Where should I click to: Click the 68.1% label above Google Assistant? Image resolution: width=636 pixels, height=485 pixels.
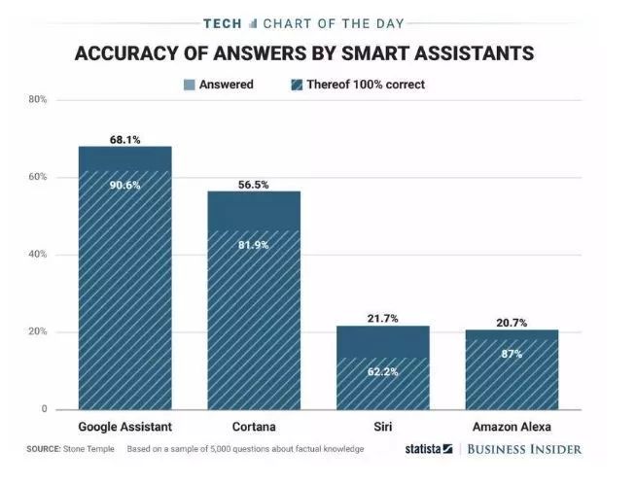coord(124,140)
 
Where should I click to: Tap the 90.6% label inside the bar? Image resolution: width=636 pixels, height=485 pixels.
coord(124,186)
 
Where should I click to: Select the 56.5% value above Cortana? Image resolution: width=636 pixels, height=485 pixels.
coord(253,185)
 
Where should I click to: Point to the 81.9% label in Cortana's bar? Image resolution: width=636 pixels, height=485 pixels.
coord(253,244)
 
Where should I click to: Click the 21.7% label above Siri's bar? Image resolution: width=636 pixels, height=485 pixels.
coord(381,320)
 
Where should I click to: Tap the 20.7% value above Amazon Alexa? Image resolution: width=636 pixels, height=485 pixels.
coord(511,323)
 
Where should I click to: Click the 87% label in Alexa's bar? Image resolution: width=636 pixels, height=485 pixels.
coord(511,354)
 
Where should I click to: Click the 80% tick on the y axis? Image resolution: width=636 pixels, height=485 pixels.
coord(37,100)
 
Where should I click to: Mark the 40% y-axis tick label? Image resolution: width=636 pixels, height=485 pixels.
coord(37,255)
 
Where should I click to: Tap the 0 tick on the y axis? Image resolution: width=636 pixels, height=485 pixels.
coord(43,409)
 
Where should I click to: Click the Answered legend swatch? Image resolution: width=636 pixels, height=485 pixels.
coord(188,85)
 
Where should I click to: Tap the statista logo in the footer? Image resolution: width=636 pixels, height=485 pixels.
coord(428,449)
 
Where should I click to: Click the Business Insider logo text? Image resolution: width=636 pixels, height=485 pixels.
coord(523,449)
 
